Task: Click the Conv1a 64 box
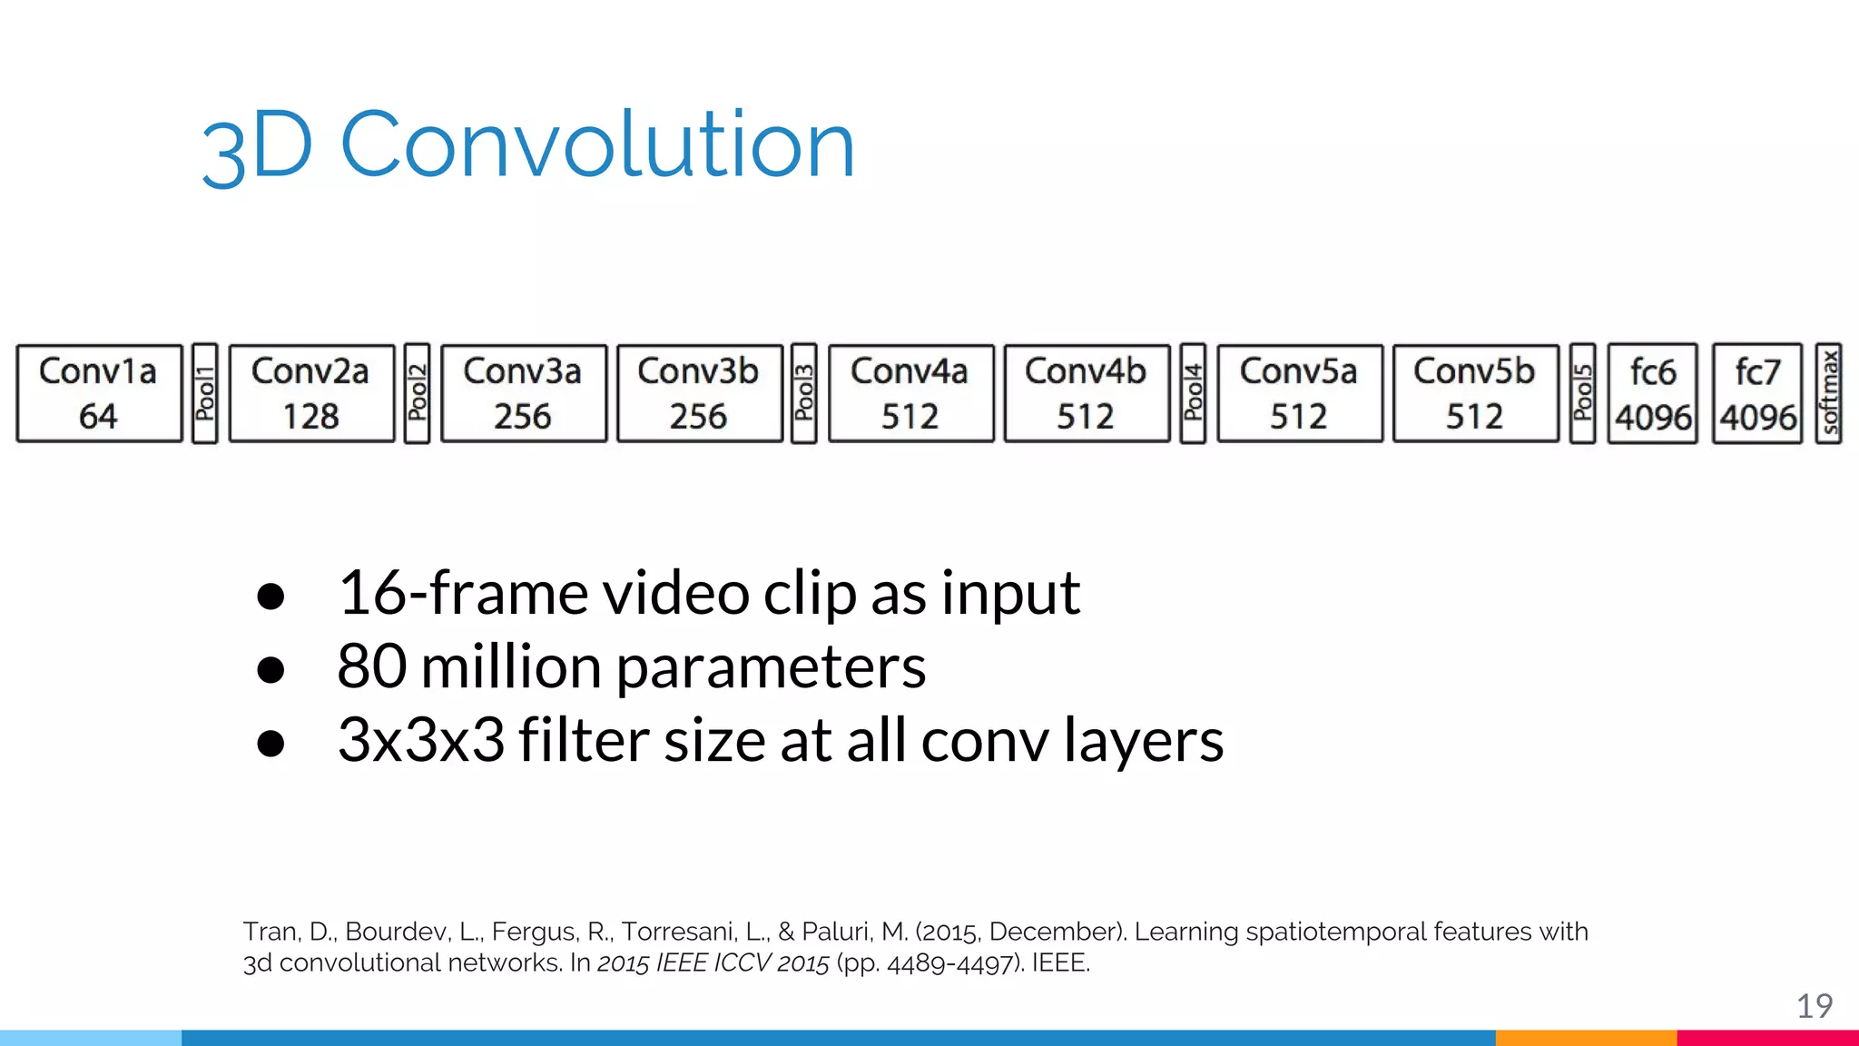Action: pos(99,393)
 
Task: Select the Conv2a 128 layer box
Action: pos(311,393)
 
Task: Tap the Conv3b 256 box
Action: pos(699,393)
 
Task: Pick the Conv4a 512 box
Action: pos(910,393)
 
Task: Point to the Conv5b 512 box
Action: pos(1475,393)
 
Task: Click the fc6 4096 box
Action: pos(1652,393)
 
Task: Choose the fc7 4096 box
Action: pos(1757,393)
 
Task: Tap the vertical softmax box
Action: pos(1828,393)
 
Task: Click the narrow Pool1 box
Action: pos(205,393)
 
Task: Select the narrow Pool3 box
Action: pos(803,393)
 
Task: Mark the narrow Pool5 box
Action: pos(1582,393)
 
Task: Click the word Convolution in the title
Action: pos(597,145)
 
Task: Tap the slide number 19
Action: pos(1815,1006)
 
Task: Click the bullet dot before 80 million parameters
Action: pos(270,670)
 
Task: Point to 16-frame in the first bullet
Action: pos(462,594)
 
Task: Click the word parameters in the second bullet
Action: pos(771,668)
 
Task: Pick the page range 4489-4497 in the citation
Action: pos(939,963)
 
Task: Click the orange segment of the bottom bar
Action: pos(1586,1038)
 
